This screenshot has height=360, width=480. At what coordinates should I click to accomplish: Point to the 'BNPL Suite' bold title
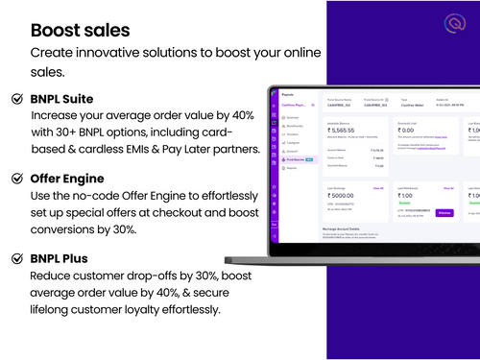click(66, 98)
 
